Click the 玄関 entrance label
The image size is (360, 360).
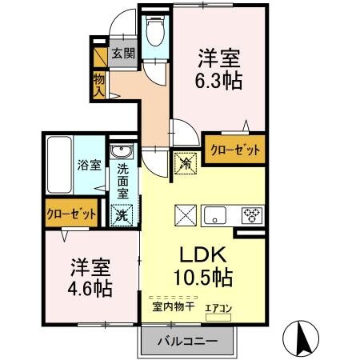pos(123,54)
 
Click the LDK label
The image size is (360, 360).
pos(201,255)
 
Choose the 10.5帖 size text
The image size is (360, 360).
pos(201,277)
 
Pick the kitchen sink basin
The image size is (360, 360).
pos(218,215)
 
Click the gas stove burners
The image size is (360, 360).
pos(251,215)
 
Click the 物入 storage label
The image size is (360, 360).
pos(99,83)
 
